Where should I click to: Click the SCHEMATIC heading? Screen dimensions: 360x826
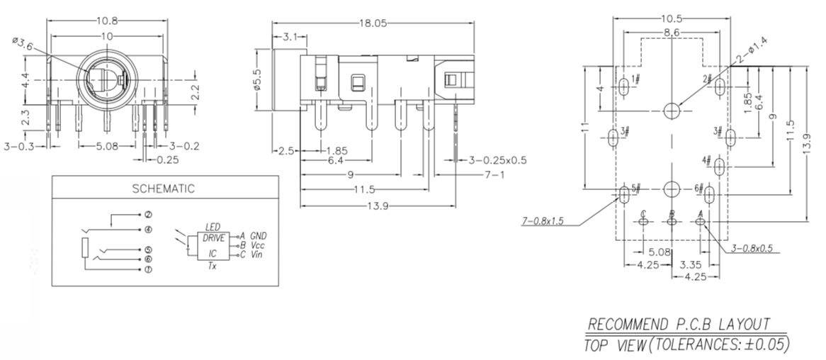click(163, 189)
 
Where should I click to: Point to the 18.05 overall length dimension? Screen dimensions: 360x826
click(373, 23)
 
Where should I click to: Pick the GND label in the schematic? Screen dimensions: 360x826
click(259, 235)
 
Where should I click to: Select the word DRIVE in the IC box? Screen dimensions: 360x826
click(213, 237)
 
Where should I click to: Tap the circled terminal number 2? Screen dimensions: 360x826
click(148, 214)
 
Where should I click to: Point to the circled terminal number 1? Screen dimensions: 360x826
click(148, 270)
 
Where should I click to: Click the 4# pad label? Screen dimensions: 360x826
click(706, 161)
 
